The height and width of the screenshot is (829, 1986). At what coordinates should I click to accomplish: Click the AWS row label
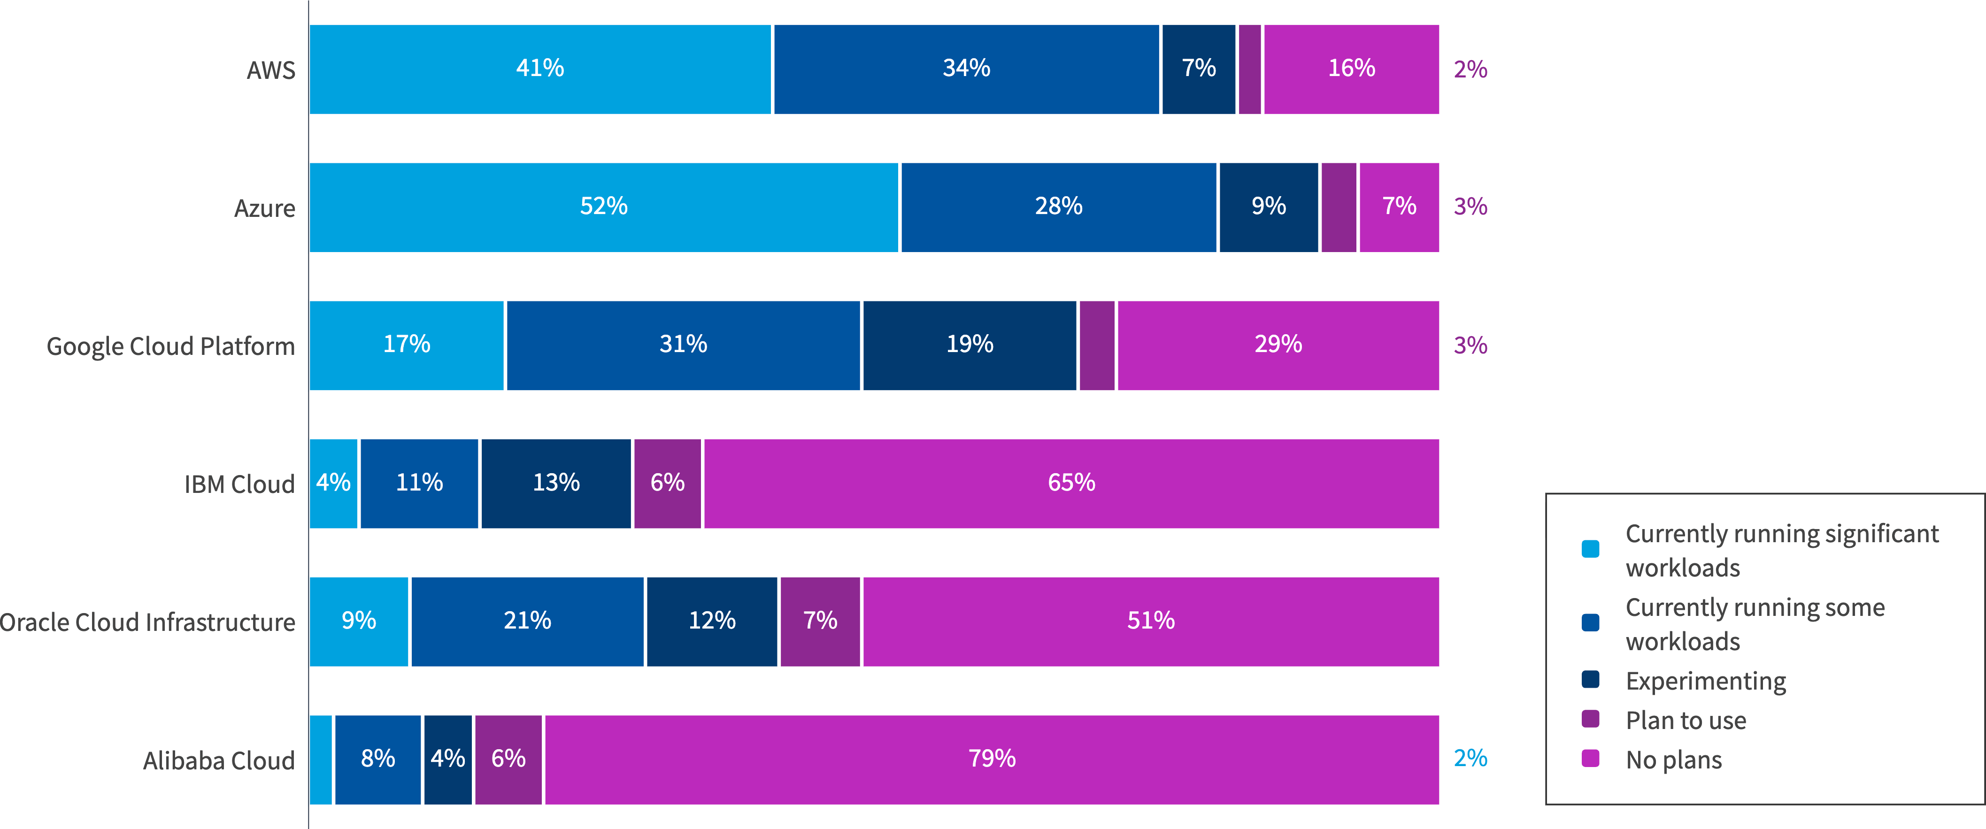[x=270, y=70]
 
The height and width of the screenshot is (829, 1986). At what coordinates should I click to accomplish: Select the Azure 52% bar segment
[x=604, y=207]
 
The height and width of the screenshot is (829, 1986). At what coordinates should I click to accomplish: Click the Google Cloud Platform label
[x=170, y=346]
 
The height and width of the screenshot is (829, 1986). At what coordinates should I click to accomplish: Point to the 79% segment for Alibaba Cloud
[x=992, y=760]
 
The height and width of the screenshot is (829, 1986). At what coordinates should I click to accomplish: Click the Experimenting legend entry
[x=1705, y=681]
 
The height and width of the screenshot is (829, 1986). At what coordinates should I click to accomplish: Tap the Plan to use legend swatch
[x=1590, y=720]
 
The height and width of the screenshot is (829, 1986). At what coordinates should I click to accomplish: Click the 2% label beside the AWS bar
[x=1470, y=69]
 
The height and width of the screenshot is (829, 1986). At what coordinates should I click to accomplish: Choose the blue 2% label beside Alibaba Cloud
[x=1470, y=758]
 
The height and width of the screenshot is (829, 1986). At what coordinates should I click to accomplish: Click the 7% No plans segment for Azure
[x=1399, y=207]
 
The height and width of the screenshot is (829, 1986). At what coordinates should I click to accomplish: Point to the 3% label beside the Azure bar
[x=1470, y=207]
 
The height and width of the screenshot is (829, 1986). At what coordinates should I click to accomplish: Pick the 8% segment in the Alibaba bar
[x=378, y=760]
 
